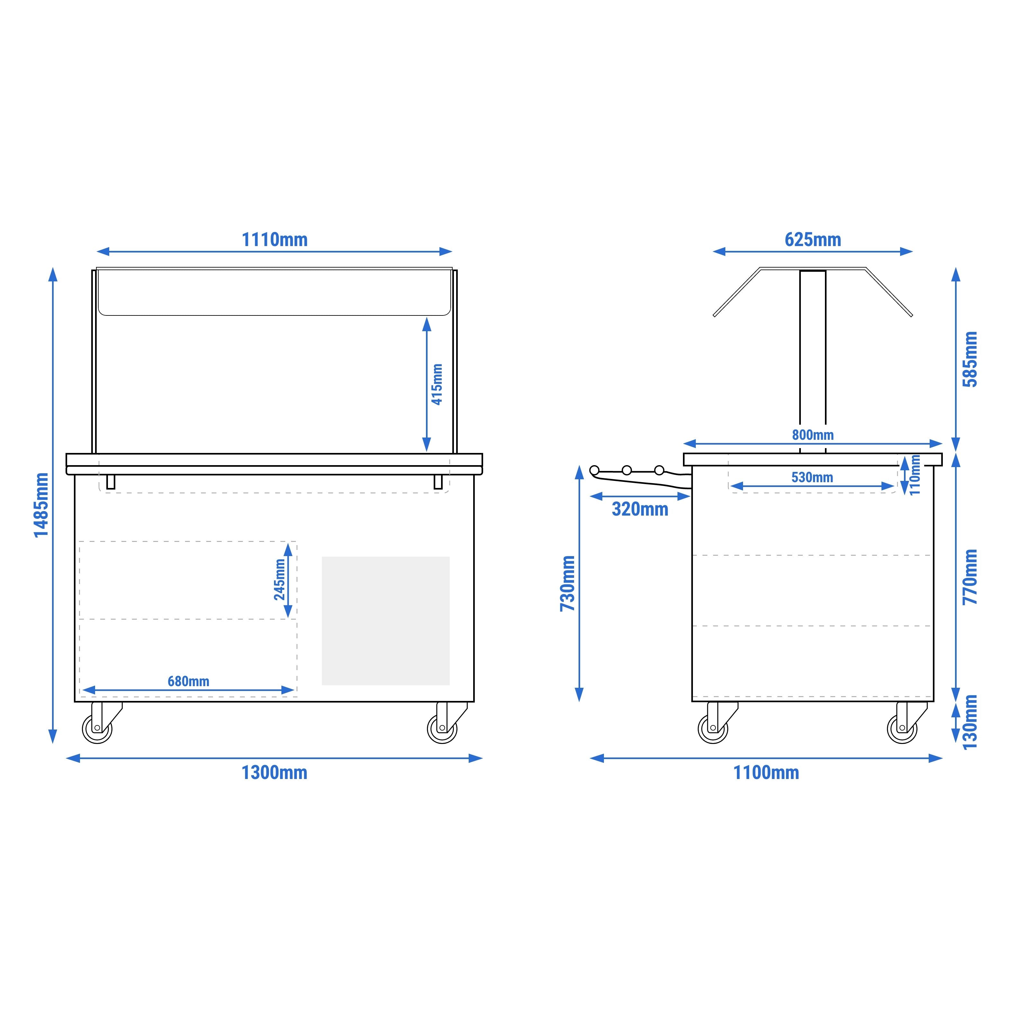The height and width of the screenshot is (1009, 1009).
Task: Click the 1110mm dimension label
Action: click(275, 240)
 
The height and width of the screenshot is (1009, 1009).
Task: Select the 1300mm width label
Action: click(274, 773)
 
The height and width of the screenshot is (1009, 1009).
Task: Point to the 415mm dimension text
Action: click(437, 385)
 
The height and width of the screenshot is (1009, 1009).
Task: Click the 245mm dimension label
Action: click(280, 580)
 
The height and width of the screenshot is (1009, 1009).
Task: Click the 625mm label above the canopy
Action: click(813, 240)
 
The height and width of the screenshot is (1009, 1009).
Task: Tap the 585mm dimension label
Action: click(970, 359)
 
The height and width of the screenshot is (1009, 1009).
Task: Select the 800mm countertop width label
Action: click(813, 435)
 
